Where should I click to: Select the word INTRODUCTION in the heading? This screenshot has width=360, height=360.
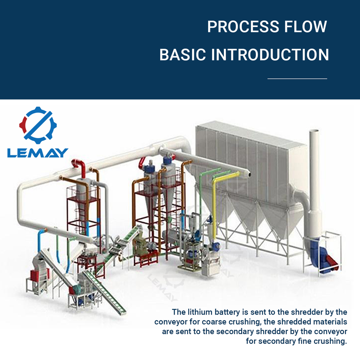point(270,55)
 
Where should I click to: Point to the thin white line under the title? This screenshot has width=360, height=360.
point(297,79)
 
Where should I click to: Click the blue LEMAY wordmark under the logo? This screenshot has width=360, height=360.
point(37,153)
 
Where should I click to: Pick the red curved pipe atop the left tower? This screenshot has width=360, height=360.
point(79,167)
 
